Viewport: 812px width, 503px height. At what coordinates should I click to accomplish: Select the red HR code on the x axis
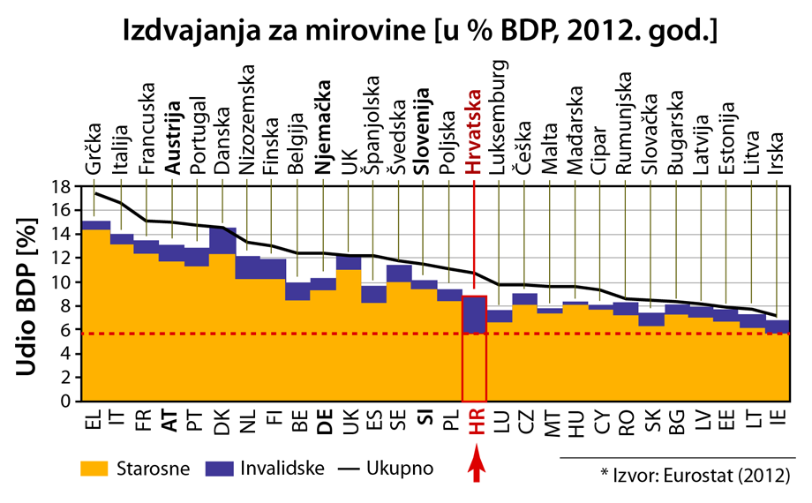tap(475, 427)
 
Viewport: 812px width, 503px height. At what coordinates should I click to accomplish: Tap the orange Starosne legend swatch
tap(94, 468)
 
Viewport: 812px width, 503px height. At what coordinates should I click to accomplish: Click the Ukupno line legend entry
tap(371, 468)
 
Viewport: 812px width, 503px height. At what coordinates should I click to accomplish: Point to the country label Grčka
tap(94, 154)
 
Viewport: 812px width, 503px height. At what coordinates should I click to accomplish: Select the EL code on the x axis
tap(94, 423)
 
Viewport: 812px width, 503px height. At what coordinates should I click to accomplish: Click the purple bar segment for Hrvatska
tap(475, 314)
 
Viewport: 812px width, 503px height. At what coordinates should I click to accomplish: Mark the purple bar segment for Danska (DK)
tap(222, 241)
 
